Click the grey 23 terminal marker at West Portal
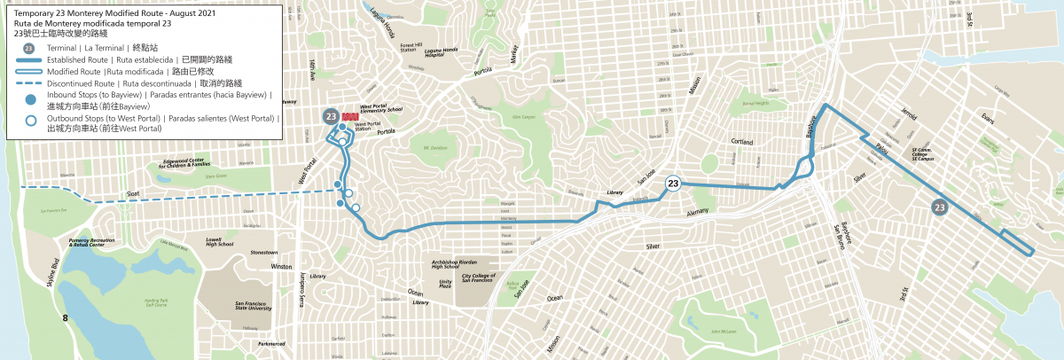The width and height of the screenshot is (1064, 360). [330, 116]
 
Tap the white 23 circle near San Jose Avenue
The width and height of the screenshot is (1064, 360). [673, 184]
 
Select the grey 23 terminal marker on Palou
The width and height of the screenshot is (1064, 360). [940, 207]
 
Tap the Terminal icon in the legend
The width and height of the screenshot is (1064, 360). [29, 48]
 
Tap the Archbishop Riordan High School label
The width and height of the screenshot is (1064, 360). [456, 264]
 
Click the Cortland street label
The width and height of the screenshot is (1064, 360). [741, 142]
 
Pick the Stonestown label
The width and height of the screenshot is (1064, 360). [264, 253]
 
